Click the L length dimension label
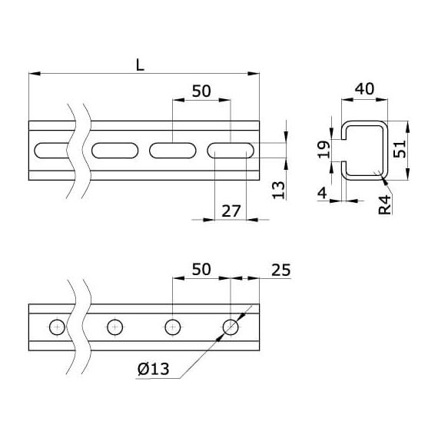pyautogui.click(x=140, y=65)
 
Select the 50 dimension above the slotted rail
pyautogui.click(x=201, y=91)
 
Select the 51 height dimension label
pyautogui.click(x=399, y=149)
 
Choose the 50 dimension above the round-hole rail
pyautogui.click(x=201, y=269)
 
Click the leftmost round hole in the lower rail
pyautogui.click(x=57, y=327)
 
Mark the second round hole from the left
pyautogui.click(x=114, y=327)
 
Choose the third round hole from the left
pyautogui.click(x=173, y=327)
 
